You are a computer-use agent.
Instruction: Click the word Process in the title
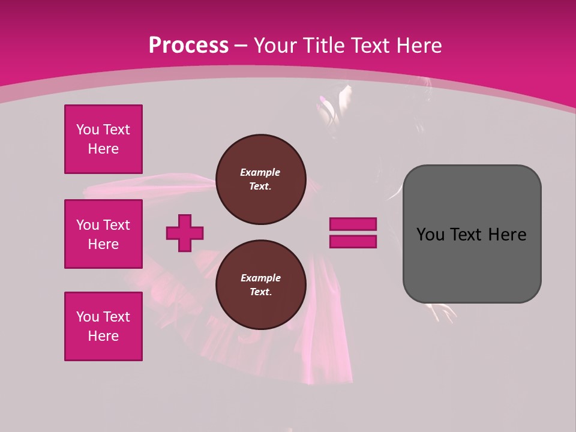[x=188, y=46]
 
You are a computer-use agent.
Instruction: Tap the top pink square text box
[x=103, y=139]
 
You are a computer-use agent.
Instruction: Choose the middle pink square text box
[x=103, y=234]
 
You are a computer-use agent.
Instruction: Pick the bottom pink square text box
[x=103, y=326]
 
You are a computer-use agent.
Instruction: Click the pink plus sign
[x=185, y=233]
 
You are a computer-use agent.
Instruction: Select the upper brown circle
[x=261, y=179]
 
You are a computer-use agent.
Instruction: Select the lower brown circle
[x=261, y=285]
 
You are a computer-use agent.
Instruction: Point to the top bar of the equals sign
[x=353, y=224]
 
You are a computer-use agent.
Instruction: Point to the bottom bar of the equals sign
[x=353, y=241]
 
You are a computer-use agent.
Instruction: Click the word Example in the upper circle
[x=260, y=172]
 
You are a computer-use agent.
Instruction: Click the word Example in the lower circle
[x=260, y=278]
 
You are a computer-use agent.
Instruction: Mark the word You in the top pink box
[x=87, y=130]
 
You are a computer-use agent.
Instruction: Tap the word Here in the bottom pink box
[x=103, y=336]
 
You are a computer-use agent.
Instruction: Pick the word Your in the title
[x=277, y=46]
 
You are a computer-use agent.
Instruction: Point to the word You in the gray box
[x=430, y=235]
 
